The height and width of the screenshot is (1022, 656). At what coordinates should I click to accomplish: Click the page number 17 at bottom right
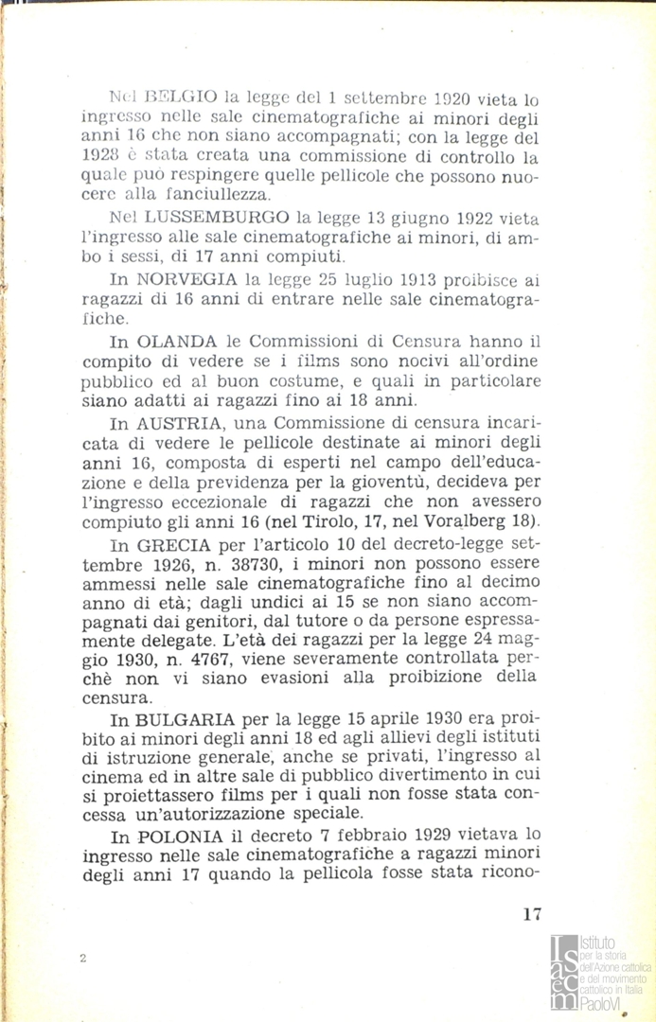(531, 914)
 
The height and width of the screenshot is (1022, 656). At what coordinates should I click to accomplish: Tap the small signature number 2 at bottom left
(83, 959)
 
